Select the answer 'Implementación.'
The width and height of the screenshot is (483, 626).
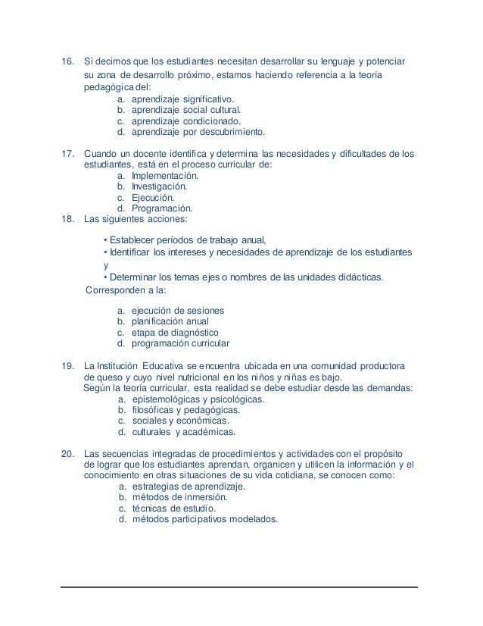[x=165, y=175]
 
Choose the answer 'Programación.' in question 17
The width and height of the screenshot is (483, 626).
[x=162, y=208]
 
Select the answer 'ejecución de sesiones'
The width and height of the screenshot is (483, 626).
[x=178, y=311]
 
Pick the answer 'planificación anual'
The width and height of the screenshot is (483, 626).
[x=171, y=321]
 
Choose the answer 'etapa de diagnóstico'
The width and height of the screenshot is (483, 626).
[x=175, y=332]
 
